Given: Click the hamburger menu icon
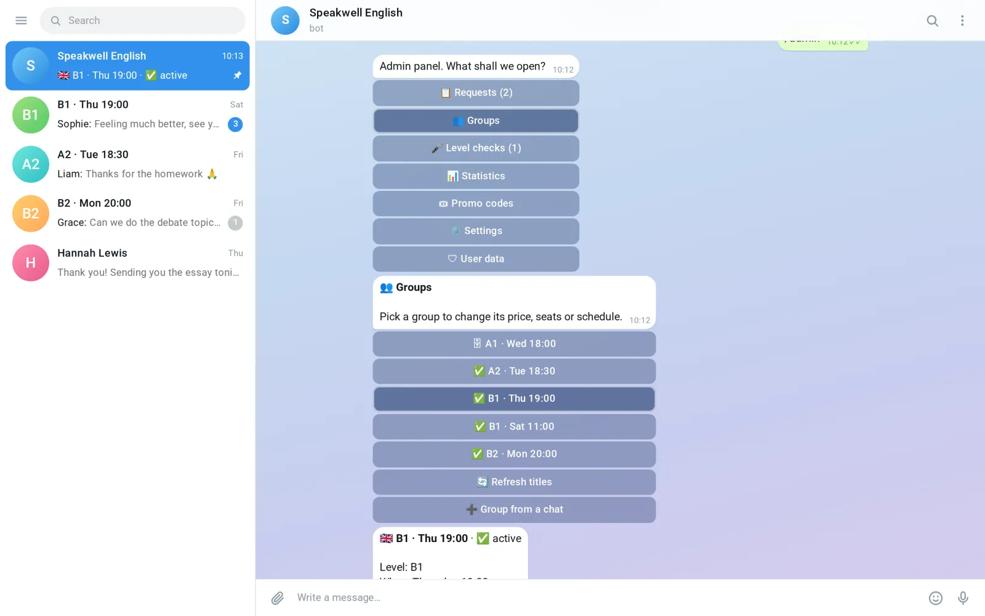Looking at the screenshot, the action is coord(21,20).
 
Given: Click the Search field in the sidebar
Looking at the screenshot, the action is coord(142,20).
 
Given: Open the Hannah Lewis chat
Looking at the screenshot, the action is coord(127,262).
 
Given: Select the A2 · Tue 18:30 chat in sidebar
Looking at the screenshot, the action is coord(127,164).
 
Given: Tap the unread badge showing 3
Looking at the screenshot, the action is coord(235,124).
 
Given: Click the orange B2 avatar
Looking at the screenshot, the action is coord(30,213).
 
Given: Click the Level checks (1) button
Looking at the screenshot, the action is coord(476,148).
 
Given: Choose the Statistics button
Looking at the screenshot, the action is coord(476,176).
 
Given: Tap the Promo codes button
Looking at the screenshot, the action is coord(476,203).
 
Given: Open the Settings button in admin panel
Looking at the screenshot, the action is coord(476,230).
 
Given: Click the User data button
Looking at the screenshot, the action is coord(476,259).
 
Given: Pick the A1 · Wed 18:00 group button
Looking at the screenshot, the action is coord(514,344).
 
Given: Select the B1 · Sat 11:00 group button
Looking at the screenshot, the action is coord(514,426).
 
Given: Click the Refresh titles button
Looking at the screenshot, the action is coord(514,482).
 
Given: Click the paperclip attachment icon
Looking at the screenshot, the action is coord(278,598).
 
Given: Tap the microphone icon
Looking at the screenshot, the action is coord(963,598).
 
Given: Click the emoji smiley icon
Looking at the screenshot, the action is coord(935,598).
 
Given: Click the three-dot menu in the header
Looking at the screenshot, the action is coord(962,20).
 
